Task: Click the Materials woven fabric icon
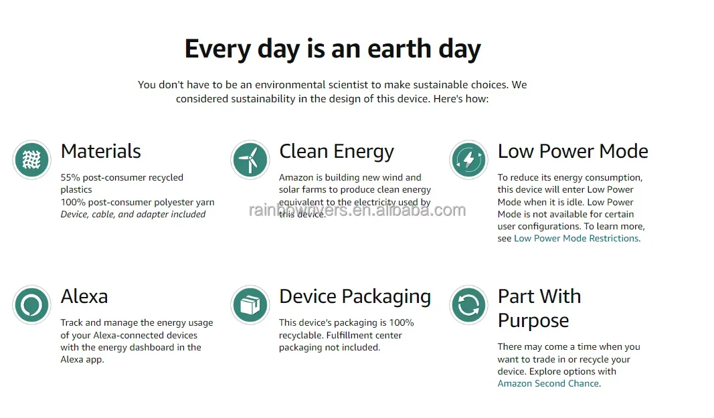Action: pos(31,160)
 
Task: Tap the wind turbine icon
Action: pos(250,160)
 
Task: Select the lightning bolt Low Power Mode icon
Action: pos(468,160)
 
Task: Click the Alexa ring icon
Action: pos(31,305)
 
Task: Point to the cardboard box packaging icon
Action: pos(250,305)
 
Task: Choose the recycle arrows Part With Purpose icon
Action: pos(468,305)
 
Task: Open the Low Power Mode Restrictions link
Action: pos(576,239)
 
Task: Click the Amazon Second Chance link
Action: pos(548,384)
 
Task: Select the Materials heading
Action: pos(100,151)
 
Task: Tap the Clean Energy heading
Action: pos(337,152)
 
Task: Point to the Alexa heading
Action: pos(84,296)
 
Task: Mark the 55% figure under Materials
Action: pos(70,178)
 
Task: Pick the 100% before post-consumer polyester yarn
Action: pos(73,202)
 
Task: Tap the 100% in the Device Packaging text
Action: pos(401,323)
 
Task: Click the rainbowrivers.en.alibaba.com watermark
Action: pos(357,211)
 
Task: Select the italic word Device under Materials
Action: pos(74,215)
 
